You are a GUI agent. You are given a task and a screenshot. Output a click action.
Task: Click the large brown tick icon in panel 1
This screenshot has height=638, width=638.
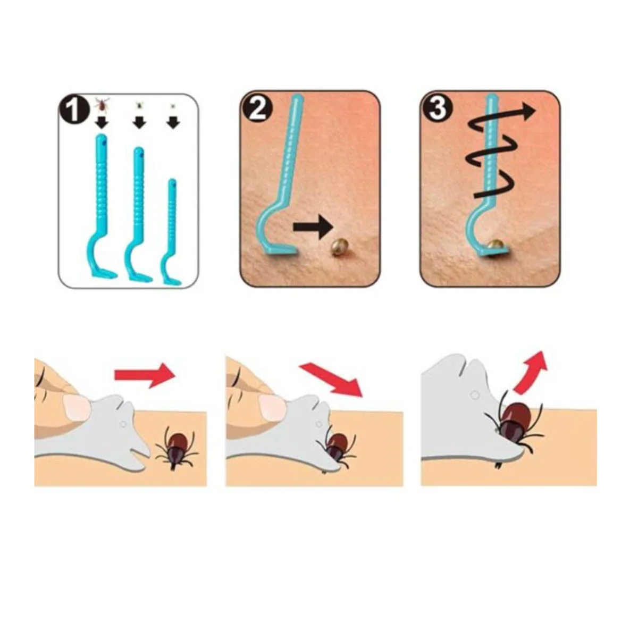pyautogui.click(x=102, y=104)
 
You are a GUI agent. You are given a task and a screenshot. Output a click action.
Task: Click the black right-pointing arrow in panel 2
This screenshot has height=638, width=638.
pyautogui.click(x=313, y=227)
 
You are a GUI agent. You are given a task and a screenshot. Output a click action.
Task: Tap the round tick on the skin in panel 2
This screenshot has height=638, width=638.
pyautogui.click(x=338, y=247)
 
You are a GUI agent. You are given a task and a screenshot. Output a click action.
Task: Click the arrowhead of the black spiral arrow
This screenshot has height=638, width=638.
pyautogui.click(x=525, y=111)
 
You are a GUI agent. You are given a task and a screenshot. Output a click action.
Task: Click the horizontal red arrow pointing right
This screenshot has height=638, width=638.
pyautogui.click(x=145, y=375)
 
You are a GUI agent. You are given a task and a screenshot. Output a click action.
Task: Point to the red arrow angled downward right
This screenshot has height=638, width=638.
pyautogui.click(x=331, y=380)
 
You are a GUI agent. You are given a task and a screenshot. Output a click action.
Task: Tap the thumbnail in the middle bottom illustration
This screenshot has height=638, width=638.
pyautogui.click(x=272, y=407)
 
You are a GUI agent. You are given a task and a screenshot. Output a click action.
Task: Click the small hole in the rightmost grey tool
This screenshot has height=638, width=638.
pyautogui.click(x=475, y=395)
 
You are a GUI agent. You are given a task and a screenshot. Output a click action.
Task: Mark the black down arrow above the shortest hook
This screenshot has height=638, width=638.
pyautogui.click(x=173, y=123)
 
